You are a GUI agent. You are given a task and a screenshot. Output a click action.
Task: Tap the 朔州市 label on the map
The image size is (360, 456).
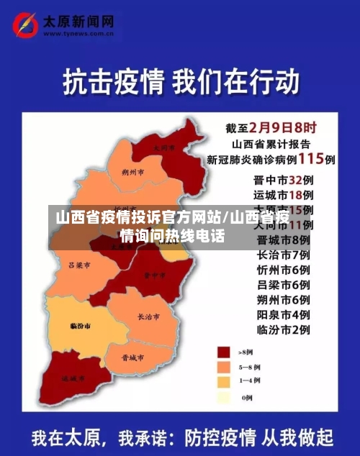(133, 173)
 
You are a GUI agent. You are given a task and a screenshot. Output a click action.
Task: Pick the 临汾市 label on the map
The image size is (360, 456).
(80, 326)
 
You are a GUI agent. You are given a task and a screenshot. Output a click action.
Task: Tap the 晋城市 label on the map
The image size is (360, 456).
(132, 357)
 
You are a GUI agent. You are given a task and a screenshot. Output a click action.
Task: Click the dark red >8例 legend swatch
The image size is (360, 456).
(224, 352)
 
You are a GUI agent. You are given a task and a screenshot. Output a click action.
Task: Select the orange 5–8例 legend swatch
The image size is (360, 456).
(224, 366)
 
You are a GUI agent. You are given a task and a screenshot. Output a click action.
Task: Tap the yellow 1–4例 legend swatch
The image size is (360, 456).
(224, 381)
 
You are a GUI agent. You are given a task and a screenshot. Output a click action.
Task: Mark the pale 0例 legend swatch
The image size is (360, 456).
(224, 396)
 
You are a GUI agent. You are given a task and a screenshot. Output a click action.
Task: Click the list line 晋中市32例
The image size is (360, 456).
(282, 180)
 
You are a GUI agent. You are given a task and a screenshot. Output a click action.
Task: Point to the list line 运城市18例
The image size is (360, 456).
(282, 195)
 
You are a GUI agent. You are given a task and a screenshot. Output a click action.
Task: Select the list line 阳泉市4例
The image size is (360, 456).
(282, 314)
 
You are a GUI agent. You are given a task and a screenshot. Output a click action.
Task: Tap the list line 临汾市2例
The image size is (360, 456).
(282, 329)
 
